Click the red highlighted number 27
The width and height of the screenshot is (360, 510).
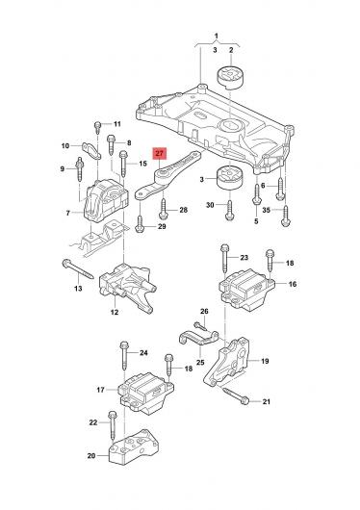(160, 154)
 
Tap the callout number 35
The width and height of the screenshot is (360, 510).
(267, 210)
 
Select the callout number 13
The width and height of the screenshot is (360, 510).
(78, 288)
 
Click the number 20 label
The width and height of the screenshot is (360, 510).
(91, 456)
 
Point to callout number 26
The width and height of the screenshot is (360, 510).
(204, 311)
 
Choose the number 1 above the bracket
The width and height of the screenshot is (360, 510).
(217, 36)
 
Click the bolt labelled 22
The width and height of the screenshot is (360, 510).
(112, 426)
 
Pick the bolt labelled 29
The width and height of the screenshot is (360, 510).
(140, 224)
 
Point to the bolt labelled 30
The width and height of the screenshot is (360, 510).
(229, 211)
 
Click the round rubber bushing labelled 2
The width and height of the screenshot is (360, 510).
(230, 77)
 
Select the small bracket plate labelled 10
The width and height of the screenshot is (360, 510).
(90, 151)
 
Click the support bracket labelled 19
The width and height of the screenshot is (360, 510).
(227, 362)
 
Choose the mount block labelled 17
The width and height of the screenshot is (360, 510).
(145, 393)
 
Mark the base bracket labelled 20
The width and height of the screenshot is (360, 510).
(135, 447)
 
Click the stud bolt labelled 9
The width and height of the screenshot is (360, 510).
(79, 169)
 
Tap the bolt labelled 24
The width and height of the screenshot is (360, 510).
(124, 355)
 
